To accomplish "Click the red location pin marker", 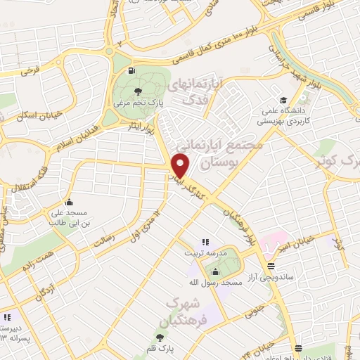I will [x=181, y=165].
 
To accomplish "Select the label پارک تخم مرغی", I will [x=138, y=103].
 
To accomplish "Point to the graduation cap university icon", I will [x=283, y=100].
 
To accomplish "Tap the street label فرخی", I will [x=29, y=70].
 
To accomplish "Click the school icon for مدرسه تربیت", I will [x=205, y=242].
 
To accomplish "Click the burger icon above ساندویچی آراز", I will [x=271, y=265].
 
